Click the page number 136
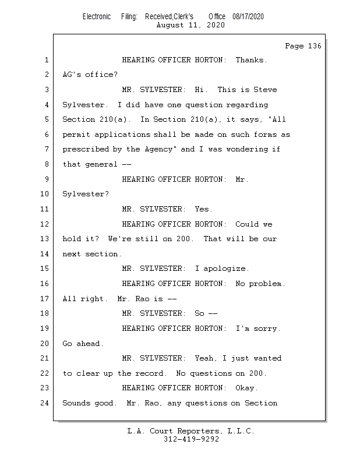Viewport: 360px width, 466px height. pos(315,46)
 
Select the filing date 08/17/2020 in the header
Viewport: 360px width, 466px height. pos(248,16)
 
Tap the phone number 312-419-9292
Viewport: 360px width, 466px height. pos(191,439)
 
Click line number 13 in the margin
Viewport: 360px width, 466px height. pos(45,239)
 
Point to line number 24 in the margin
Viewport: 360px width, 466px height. pos(45,403)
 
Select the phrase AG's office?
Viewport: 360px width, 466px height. pos(90,75)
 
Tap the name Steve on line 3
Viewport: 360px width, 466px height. pos(265,90)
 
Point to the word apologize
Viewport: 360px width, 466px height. pos(224,269)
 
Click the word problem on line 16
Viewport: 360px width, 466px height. pos(265,284)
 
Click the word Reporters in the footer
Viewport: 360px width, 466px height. pos(198,431)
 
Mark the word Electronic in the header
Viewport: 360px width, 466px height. pos(97,16)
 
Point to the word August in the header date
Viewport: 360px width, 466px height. pos(170,25)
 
